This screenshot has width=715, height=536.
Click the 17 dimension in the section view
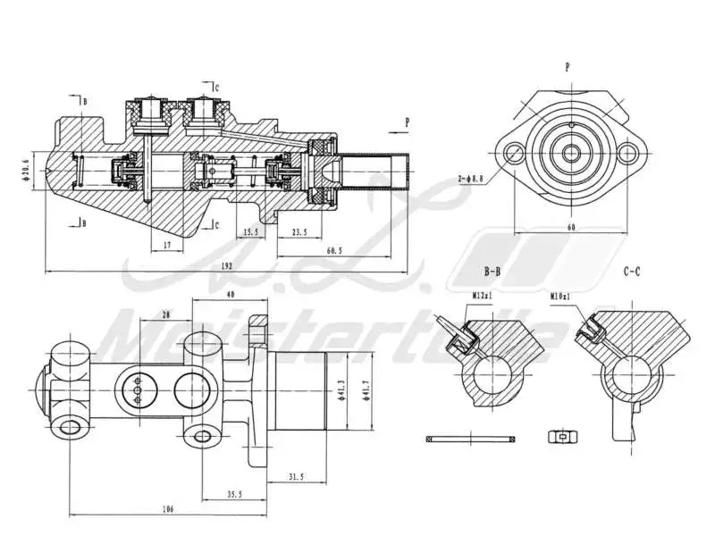click(x=167, y=244)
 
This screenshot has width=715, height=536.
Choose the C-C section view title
click(x=631, y=271)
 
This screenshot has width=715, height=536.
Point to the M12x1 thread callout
click(x=483, y=293)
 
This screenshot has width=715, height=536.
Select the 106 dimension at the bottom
click(x=168, y=508)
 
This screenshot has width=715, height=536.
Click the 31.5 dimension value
click(x=294, y=477)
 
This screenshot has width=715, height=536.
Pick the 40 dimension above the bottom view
click(x=230, y=295)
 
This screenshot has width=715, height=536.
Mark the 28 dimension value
click(x=165, y=314)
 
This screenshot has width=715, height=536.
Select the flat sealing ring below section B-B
click(x=470, y=438)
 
